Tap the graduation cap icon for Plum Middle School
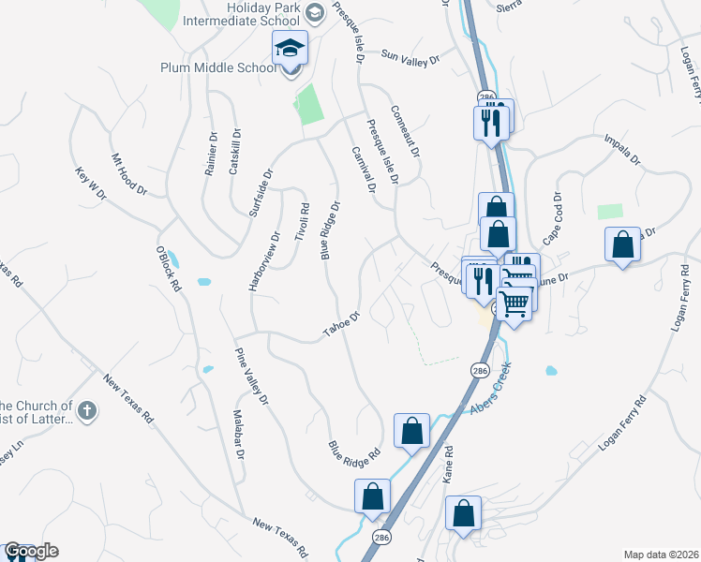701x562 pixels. coord(291,47)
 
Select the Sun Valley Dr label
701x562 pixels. coord(410,57)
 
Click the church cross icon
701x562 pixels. coord(86,409)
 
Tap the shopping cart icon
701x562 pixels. coord(514,303)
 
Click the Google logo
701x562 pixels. coord(31,551)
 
